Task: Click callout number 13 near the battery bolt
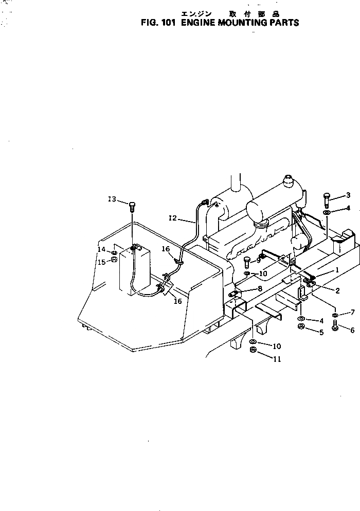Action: pyautogui.click(x=112, y=199)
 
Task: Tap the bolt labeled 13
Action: pyautogui.click(x=132, y=207)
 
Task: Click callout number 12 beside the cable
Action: pyautogui.click(x=172, y=218)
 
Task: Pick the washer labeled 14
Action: pyautogui.click(x=114, y=251)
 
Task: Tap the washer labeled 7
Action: pyautogui.click(x=335, y=315)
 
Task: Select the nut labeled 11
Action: pyautogui.click(x=253, y=350)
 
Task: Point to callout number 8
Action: pyautogui.click(x=260, y=289)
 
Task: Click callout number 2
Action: pyautogui.click(x=337, y=291)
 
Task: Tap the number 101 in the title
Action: pyautogui.click(x=168, y=23)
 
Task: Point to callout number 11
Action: pyautogui.click(x=277, y=359)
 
